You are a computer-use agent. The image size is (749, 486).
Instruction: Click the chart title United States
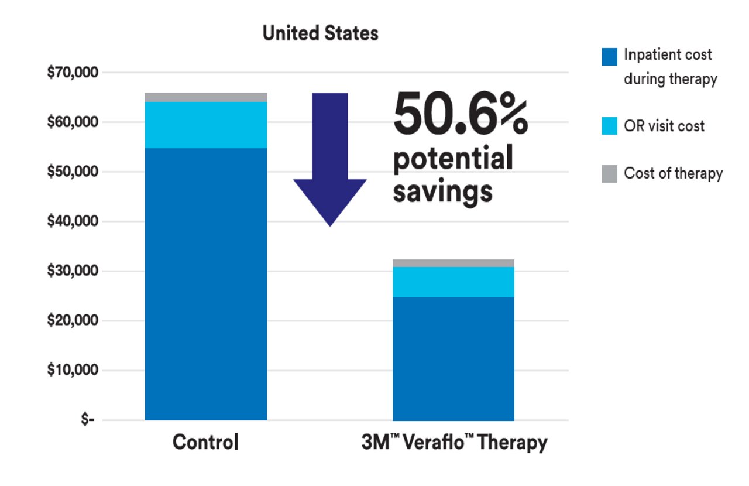[x=320, y=33]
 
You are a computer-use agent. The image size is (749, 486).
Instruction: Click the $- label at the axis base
[x=88, y=420]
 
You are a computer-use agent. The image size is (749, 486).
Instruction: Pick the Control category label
[x=205, y=442]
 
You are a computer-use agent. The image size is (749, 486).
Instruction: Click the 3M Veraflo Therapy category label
[x=453, y=442]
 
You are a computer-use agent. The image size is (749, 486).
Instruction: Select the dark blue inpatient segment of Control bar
[x=205, y=284]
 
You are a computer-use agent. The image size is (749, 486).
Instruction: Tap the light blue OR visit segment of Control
[x=205, y=125]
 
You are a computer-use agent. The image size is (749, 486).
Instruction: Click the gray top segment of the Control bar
[x=205, y=97]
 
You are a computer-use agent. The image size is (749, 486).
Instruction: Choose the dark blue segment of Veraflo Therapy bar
[x=453, y=358]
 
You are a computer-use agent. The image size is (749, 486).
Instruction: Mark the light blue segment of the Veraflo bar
[x=453, y=282]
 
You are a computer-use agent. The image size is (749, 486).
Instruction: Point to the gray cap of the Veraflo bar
[x=453, y=263]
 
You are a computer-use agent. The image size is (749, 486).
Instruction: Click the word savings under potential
[x=442, y=191]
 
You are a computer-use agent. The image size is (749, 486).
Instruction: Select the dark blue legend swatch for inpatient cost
[x=609, y=56]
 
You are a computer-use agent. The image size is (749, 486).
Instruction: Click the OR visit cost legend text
[x=664, y=126]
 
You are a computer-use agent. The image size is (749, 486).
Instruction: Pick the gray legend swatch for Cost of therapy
[x=609, y=174]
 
